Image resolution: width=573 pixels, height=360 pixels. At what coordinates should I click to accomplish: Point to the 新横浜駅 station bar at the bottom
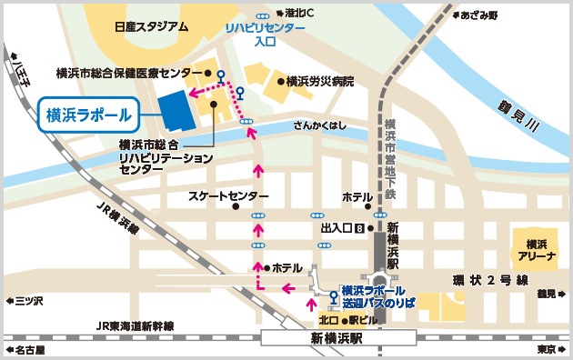pos(337,338)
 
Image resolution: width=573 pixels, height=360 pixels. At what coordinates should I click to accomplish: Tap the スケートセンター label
pos(228,196)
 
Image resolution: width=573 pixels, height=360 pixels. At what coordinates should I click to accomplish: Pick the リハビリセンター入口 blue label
pos(266,35)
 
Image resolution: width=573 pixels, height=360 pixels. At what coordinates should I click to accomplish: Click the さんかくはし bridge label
pos(319,126)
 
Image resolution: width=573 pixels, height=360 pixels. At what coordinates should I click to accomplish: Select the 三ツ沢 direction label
pos(25,300)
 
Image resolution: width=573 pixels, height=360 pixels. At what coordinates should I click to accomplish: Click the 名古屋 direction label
pos(33,348)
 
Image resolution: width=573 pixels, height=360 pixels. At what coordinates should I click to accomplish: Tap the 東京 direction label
pos(547,348)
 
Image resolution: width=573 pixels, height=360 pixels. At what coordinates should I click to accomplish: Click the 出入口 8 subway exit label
pos(342,227)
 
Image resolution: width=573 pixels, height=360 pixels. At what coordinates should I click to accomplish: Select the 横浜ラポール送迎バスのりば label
pos(379,295)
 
